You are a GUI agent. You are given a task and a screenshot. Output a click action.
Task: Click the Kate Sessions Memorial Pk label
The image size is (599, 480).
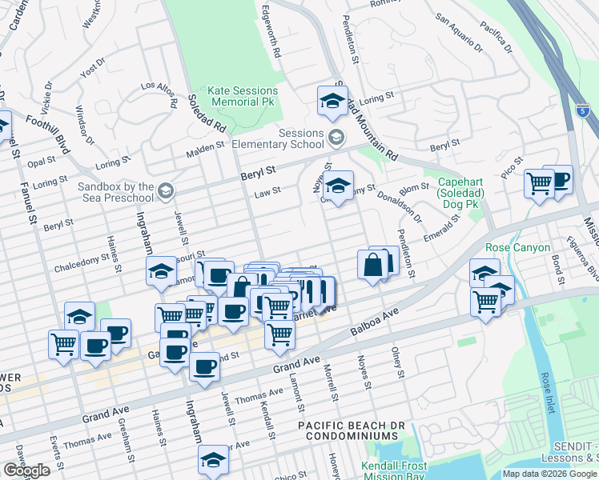[240, 97]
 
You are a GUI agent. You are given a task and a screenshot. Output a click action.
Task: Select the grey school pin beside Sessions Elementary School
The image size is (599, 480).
[336, 139]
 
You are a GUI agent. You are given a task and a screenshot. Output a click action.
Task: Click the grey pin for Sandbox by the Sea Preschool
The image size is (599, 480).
[165, 190]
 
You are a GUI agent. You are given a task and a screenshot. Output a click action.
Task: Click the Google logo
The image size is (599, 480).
[26, 470]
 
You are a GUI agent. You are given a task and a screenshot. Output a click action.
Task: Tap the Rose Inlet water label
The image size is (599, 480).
[545, 387]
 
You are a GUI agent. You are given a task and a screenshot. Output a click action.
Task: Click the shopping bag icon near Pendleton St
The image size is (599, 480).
[373, 265]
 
